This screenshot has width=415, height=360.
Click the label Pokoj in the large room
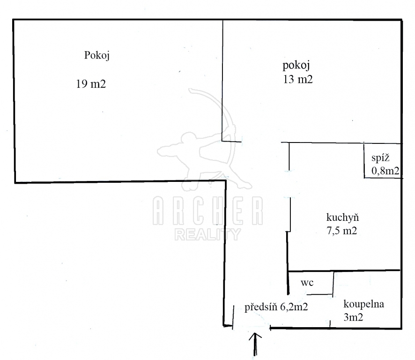[97, 55]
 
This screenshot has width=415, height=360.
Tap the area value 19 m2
[91, 84]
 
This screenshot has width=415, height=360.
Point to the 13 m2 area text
[297, 79]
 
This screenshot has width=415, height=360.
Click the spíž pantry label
[379, 158]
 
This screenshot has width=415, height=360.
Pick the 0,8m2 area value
[385, 171]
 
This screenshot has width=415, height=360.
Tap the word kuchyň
[342, 217]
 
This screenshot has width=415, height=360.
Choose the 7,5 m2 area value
[342, 231]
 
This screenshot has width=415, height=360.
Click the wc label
[307, 283]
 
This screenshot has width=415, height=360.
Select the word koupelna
[363, 304]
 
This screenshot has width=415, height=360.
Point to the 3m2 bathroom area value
[355, 317]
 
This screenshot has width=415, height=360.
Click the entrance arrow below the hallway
[256, 345]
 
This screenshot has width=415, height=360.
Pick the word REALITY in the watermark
[207, 234]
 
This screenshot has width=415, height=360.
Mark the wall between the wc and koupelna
[333, 284]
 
